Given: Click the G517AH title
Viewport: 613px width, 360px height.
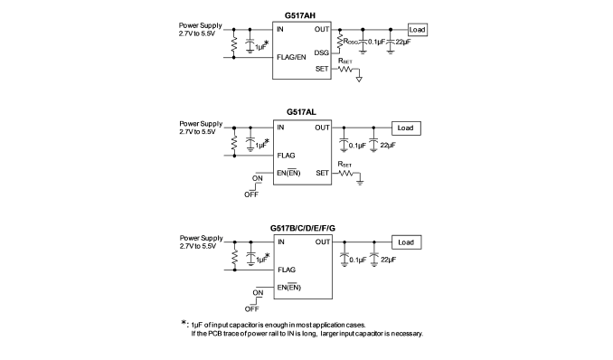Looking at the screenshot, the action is (300, 15).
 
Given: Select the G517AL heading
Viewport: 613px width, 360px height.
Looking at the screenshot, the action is (301, 112).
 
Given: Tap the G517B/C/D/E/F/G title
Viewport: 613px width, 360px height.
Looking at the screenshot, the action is (303, 228).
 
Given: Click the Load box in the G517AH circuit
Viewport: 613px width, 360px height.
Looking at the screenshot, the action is (417, 30).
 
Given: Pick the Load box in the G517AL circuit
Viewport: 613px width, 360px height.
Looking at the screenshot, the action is (406, 128).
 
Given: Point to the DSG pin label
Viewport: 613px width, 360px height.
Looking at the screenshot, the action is (321, 52).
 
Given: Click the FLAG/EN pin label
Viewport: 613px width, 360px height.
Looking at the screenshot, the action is (291, 57).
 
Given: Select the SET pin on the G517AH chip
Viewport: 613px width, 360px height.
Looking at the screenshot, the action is (322, 69).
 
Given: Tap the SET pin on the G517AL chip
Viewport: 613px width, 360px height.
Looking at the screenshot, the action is (323, 173).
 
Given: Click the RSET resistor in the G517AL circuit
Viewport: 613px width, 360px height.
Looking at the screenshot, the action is (345, 173).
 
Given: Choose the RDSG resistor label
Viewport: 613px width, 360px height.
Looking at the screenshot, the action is (351, 41).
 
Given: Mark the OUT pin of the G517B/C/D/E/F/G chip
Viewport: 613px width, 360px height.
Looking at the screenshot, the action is (323, 242).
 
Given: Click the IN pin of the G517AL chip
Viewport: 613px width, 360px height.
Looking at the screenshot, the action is (280, 128).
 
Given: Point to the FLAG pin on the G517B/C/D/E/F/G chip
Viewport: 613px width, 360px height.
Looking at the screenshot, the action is (287, 270).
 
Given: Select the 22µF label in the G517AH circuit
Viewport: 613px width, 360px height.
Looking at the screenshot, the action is (403, 42).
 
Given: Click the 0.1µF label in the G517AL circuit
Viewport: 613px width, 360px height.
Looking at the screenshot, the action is (357, 146).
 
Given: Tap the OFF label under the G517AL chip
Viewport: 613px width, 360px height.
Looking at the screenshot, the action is (251, 194).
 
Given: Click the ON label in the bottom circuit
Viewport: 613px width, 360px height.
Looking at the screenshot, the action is (258, 293).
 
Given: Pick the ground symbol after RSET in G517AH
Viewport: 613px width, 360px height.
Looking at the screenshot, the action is (359, 80).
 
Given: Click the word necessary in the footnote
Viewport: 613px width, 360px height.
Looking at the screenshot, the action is (407, 334).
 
